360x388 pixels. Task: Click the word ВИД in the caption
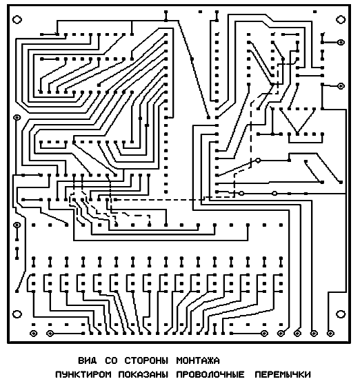pos(88,360)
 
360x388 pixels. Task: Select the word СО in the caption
pos(111,360)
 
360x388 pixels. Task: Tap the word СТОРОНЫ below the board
pos(146,360)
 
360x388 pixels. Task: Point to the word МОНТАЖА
pos(198,360)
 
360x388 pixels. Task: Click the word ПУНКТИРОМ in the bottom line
pos(83,374)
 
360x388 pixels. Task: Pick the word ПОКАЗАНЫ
pos(143,374)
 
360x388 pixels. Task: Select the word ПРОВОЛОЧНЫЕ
pos(210,374)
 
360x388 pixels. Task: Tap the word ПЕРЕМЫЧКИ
pos(283,374)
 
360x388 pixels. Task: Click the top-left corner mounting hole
pos(17,19)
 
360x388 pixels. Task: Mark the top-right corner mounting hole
pos(341,19)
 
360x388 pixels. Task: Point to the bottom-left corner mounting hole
pos(17,314)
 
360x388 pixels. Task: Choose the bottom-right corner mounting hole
pos(341,314)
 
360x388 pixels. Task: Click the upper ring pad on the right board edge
pos(341,42)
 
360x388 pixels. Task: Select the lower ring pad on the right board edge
pos(341,86)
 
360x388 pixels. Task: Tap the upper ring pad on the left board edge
pos(17,117)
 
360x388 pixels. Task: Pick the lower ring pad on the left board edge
pos(17,225)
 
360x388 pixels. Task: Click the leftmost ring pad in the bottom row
pos(33,334)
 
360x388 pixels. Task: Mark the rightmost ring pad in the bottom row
pos(330,334)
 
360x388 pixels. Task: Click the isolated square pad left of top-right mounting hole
pos(315,12)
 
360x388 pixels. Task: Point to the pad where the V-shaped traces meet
pos(297,134)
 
